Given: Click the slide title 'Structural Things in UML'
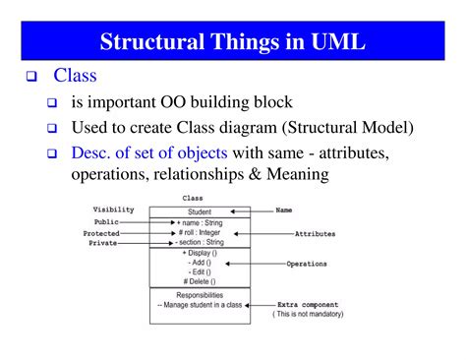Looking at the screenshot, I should pyautogui.click(x=233, y=42).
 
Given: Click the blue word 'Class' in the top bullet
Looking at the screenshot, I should pyautogui.click(x=75, y=75).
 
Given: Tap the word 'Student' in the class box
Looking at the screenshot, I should pyautogui.click(x=200, y=211).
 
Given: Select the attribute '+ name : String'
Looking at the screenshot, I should pyautogui.click(x=200, y=222).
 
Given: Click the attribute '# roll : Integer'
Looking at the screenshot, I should pyautogui.click(x=200, y=232).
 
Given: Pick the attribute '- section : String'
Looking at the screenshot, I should pyautogui.click(x=200, y=243).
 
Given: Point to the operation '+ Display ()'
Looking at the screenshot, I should pyautogui.click(x=200, y=254).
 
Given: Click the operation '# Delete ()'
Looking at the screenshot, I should pyautogui.click(x=200, y=283).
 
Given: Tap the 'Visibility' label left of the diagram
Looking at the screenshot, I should pyautogui.click(x=113, y=210).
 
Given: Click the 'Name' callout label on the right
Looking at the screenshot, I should pyautogui.click(x=284, y=210).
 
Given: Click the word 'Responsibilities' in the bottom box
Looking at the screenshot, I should pyautogui.click(x=200, y=294).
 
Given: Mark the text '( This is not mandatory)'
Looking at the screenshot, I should pyautogui.click(x=316, y=315).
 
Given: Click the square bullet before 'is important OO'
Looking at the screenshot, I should pyautogui.click(x=52, y=102).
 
